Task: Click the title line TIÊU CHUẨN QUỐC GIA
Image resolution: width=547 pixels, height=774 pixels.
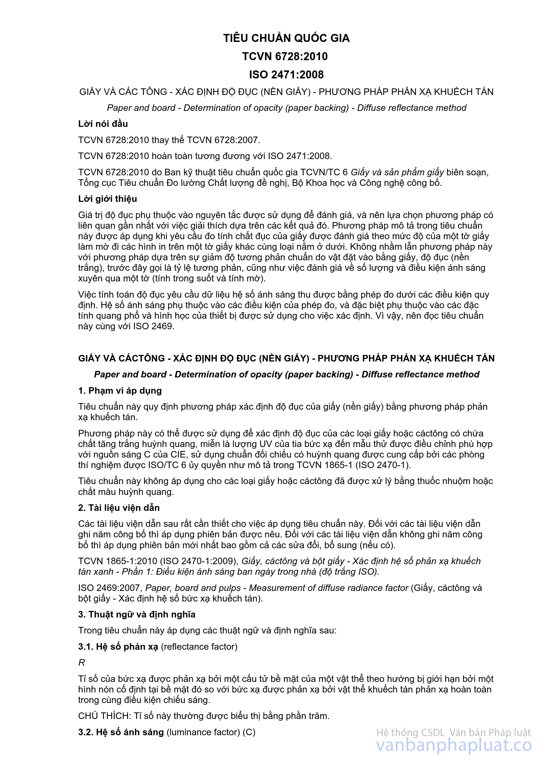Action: [286, 38]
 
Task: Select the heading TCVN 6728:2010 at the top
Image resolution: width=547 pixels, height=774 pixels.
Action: [285, 56]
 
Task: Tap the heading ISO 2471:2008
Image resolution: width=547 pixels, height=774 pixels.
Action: [286, 74]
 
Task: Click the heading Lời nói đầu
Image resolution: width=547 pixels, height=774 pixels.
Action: [103, 124]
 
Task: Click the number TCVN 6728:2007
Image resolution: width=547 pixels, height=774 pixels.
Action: [223, 140]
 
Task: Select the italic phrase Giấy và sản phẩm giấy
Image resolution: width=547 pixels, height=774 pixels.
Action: [397, 172]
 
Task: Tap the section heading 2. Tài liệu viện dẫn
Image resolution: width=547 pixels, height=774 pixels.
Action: [119, 508]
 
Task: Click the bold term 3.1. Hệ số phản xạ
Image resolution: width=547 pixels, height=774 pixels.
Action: [118, 647]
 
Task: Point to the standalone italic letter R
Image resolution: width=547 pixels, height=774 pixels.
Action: [81, 663]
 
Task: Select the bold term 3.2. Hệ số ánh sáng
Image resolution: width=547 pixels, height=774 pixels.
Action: [121, 732]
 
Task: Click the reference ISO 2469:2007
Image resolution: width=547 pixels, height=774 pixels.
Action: [109, 588]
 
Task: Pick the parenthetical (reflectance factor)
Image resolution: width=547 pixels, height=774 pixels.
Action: [199, 647]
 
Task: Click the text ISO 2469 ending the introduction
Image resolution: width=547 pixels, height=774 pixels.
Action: [154, 326]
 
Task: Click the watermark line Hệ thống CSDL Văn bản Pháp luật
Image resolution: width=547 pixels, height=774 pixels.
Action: [453, 733]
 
